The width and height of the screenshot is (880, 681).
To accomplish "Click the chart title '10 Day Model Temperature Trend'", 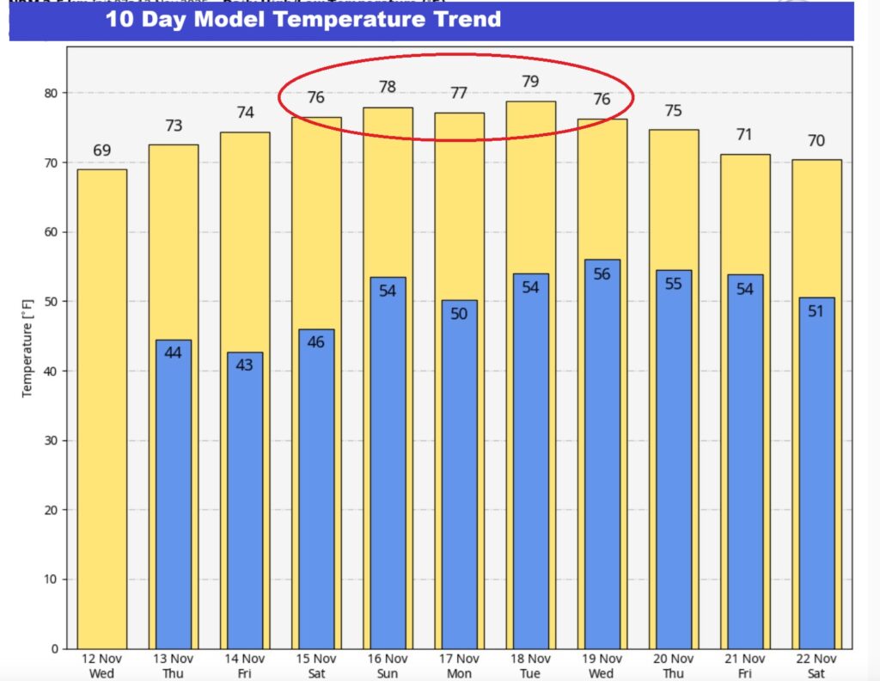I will [303, 19].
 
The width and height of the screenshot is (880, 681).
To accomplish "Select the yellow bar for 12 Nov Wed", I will [102, 408].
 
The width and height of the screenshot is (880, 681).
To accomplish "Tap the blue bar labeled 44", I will [174, 494].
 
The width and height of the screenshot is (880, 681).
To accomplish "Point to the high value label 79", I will [530, 83].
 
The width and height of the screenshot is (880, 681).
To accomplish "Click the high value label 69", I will [102, 151].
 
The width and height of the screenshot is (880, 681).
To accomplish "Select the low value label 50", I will [459, 314].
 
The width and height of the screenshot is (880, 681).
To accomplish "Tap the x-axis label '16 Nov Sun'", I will [388, 666].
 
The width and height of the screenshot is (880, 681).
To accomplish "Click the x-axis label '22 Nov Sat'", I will [816, 666].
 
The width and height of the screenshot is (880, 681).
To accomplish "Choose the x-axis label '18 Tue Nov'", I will [530, 666].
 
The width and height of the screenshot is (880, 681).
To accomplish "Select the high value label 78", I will [388, 88].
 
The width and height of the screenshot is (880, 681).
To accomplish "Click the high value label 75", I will [673, 110].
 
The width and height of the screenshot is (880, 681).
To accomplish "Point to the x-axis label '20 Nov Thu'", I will [673, 666].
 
